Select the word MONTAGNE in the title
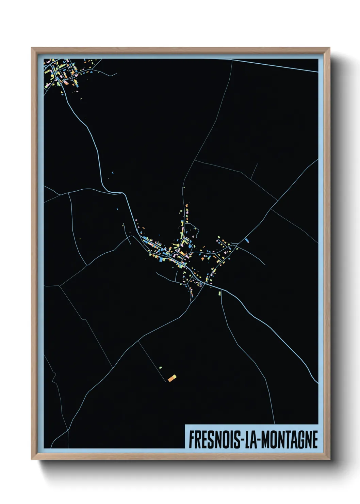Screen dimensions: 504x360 tap(289, 440)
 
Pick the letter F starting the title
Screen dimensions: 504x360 tap(191, 440)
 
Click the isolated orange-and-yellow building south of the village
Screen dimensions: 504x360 tap(172, 378)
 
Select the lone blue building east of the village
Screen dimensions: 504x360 tap(246, 241)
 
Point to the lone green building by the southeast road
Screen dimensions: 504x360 tap(219, 293)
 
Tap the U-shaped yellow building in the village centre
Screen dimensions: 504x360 tap(186, 243)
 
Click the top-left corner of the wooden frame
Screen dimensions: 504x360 tap(32, 48)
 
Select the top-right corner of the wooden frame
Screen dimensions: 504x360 tap(329, 48)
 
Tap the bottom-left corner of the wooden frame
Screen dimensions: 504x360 tap(32, 459)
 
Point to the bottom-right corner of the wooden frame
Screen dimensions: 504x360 tap(329, 459)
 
